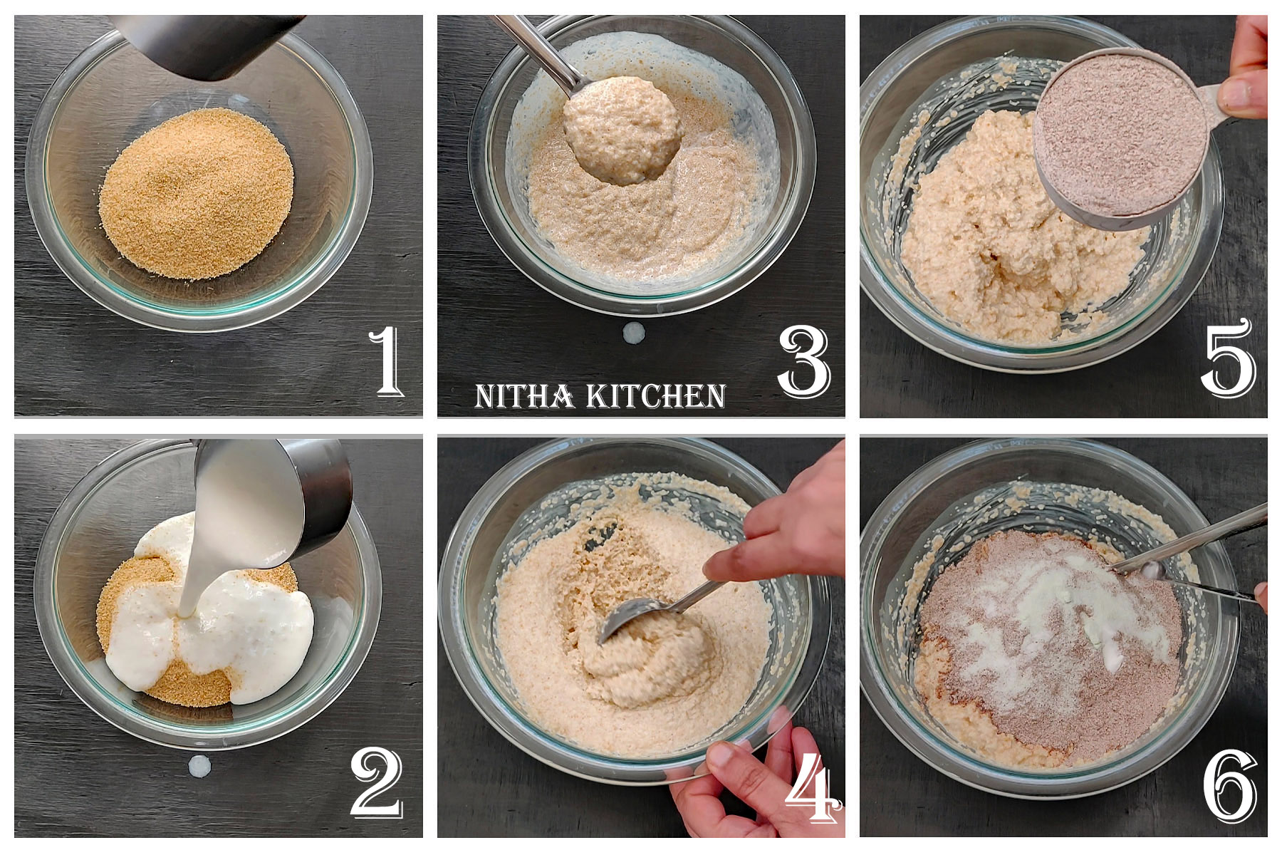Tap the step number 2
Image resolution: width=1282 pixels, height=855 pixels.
(376, 784)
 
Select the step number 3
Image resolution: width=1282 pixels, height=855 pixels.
(804, 361)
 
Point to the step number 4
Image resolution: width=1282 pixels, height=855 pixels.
(812, 787)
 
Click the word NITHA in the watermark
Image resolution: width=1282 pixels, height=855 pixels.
(524, 396)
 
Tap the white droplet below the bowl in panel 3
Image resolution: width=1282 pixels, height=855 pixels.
(633, 332)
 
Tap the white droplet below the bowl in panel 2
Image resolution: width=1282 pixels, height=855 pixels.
(199, 767)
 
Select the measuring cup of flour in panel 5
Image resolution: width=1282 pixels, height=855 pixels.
(1118, 135)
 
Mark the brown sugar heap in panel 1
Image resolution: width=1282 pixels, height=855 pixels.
(196, 192)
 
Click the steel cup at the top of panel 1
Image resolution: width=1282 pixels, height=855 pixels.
(207, 43)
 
